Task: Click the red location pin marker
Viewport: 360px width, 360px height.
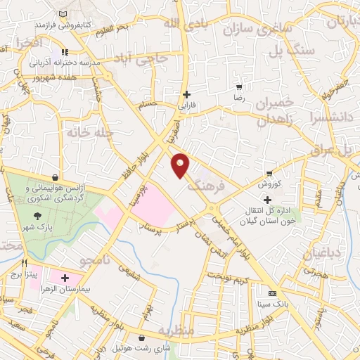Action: pyautogui.click(x=181, y=166)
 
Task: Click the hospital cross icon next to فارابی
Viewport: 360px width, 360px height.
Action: pyautogui.click(x=186, y=94)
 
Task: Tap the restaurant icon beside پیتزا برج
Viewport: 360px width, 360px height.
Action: pyautogui.click(x=24, y=262)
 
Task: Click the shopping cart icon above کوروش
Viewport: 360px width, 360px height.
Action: pyautogui.click(x=269, y=173)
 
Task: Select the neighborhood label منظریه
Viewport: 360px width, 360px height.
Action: pyautogui.click(x=174, y=330)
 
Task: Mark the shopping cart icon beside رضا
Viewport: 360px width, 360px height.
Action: pyautogui.click(x=239, y=87)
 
